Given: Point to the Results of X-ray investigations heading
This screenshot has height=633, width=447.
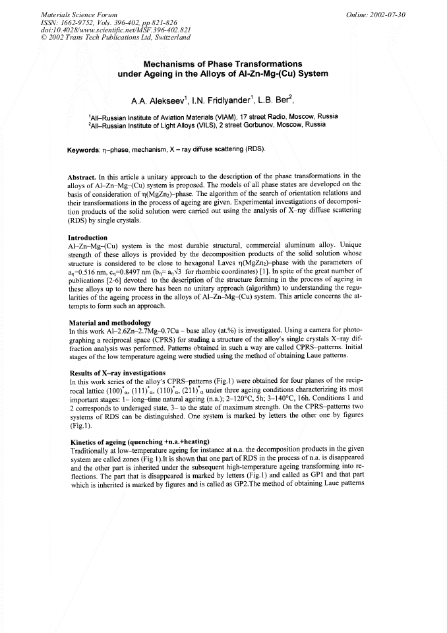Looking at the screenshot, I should [x=117, y=374].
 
